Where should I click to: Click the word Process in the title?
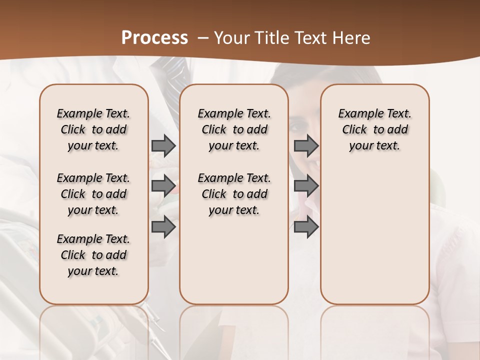click(x=154, y=38)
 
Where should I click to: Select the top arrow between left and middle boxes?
click(x=163, y=146)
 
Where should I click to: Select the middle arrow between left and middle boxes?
click(x=163, y=186)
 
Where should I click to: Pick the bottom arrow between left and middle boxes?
click(x=163, y=227)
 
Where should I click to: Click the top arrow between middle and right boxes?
click(x=306, y=146)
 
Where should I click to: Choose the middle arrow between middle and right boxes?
click(x=306, y=186)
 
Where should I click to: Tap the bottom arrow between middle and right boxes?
click(x=306, y=227)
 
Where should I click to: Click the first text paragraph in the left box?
click(x=93, y=129)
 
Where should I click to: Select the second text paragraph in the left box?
click(x=93, y=194)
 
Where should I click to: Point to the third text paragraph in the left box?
click(x=93, y=255)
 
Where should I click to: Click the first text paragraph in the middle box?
click(x=234, y=129)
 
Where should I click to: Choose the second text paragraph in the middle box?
click(x=234, y=194)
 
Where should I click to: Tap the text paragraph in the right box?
click(x=374, y=129)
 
